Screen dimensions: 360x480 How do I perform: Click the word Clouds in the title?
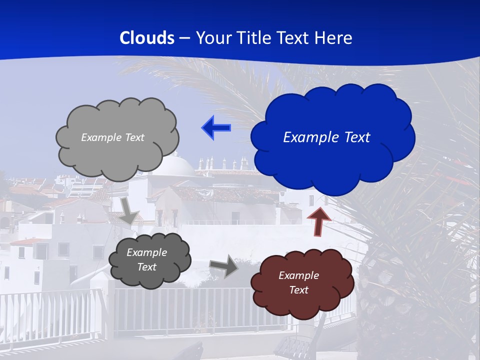coord(147,38)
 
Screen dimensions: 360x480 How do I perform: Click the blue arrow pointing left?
coord(216,128)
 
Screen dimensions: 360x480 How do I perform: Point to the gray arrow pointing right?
coord(224,266)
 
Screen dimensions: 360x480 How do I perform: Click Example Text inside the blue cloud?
coord(326,137)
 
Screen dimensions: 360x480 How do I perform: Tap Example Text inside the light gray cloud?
coord(112,137)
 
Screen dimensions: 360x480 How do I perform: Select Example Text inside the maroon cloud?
coord(298,282)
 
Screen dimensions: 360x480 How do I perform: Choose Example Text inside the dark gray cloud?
coord(146,259)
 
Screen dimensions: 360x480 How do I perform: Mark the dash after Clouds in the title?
coord(184,38)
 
